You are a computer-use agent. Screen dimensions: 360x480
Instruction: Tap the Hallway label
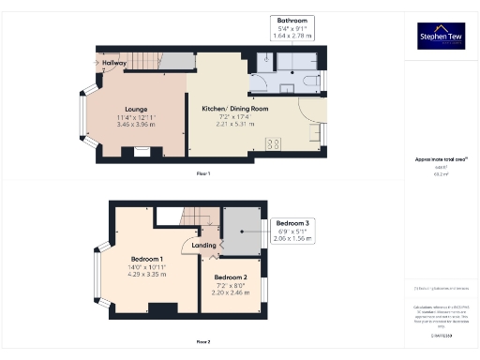tap(115, 63)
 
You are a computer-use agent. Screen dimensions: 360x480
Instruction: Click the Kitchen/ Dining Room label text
tap(236, 110)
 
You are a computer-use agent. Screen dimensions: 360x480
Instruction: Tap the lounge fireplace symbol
tap(141, 151)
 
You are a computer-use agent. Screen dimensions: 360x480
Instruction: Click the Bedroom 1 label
tap(147, 259)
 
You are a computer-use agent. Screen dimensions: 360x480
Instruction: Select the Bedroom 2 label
tap(231, 277)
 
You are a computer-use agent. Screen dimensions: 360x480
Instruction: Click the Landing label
tap(204, 246)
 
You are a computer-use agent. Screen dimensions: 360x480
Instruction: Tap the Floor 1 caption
tap(203, 174)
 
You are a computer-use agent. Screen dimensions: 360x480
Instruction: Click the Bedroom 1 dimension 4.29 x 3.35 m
tap(147, 275)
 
